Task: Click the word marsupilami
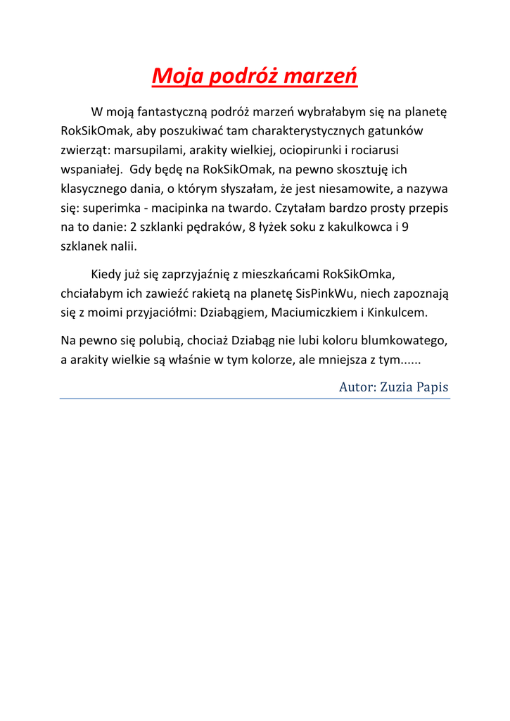(148, 150)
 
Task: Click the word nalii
(120, 247)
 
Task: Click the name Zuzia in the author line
(398, 387)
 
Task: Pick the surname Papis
(434, 387)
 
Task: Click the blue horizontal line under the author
(255, 399)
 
